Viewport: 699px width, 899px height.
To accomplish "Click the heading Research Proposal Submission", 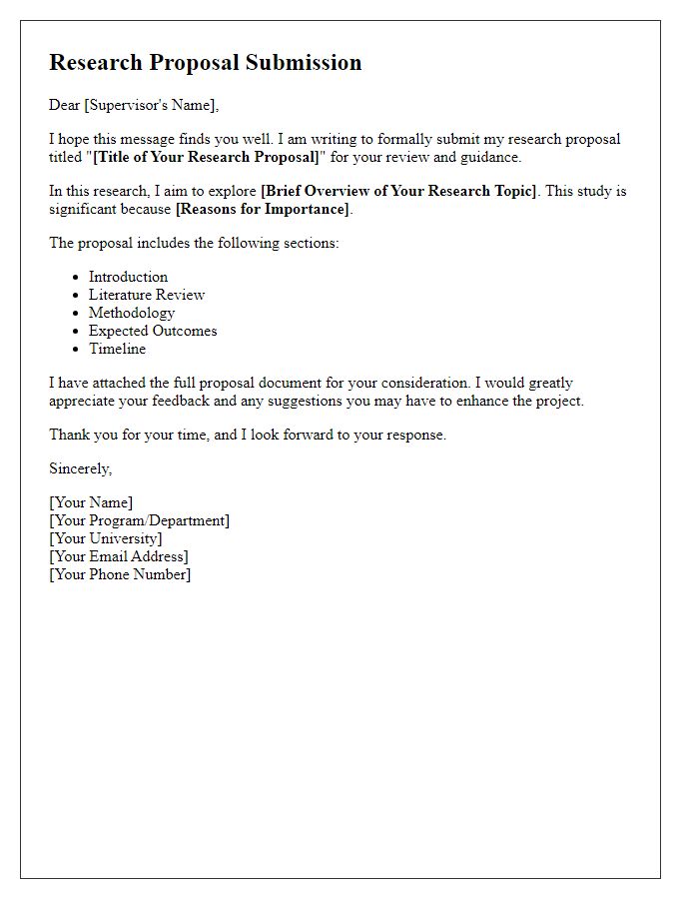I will click(205, 62).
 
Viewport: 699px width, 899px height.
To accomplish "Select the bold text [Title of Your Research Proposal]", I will click(206, 157).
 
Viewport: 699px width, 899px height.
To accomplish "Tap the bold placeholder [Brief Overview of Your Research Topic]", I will click(398, 191).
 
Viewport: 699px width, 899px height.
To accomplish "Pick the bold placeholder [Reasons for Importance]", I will click(263, 209).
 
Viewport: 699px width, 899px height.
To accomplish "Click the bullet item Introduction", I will click(128, 277).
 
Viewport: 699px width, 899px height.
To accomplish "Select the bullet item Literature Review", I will click(146, 295).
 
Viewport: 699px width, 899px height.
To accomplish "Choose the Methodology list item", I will click(131, 313).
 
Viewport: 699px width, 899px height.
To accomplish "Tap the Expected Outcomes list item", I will click(152, 331).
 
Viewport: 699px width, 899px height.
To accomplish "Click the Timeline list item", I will click(117, 349).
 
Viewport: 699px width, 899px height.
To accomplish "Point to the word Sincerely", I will click(80, 468).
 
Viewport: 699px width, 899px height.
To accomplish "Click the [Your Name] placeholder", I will click(91, 502).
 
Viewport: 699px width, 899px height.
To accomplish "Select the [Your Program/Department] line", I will click(139, 520).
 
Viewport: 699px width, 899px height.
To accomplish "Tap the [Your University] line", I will click(105, 538).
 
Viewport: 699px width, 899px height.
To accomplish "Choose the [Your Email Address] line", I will click(119, 556).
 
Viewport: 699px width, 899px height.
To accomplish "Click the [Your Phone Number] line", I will click(120, 574).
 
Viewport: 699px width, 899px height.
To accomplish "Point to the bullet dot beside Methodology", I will click(76, 314).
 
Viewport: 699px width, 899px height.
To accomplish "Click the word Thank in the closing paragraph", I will click(69, 435).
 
